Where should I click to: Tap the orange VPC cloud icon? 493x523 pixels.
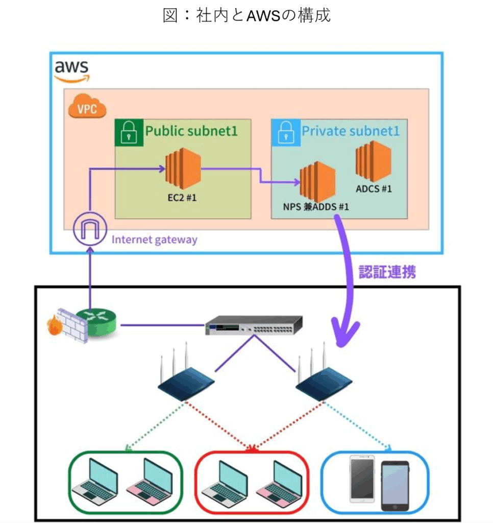click(87, 106)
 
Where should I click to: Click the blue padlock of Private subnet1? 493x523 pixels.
click(286, 132)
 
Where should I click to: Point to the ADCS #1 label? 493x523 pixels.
click(374, 189)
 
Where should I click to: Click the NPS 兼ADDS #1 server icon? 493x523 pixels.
click(317, 182)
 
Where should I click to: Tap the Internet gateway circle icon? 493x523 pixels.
click(90, 229)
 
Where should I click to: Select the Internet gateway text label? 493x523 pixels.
click(154, 240)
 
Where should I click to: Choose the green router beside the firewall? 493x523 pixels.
click(101, 322)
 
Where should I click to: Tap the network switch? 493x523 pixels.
click(254, 325)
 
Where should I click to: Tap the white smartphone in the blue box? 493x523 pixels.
click(362, 478)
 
